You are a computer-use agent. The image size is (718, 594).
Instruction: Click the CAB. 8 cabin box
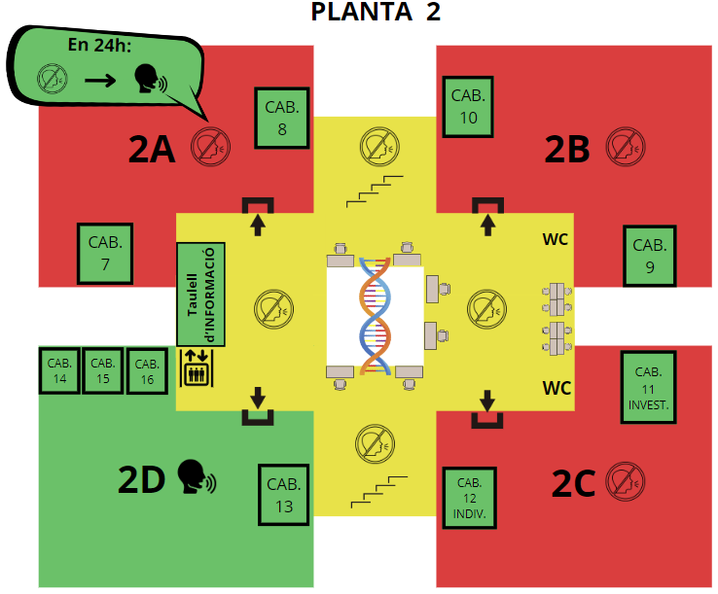[282, 118]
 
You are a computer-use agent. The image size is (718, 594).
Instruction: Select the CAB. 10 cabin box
[468, 107]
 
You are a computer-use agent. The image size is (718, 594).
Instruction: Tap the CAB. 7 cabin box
[105, 254]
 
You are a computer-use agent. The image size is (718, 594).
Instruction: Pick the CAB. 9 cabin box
[650, 256]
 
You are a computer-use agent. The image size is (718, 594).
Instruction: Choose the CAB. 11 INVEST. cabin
[648, 387]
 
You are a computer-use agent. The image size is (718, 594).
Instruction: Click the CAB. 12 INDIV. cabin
[469, 498]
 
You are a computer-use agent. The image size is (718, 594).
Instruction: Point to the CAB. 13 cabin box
[284, 495]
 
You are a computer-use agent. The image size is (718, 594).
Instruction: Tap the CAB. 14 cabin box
[59, 370]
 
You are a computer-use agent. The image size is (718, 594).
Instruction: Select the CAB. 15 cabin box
[103, 370]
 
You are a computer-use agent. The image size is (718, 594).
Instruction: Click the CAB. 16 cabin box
[147, 371]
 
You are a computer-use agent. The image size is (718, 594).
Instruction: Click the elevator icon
[197, 367]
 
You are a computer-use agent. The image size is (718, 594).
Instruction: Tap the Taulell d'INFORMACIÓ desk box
[201, 295]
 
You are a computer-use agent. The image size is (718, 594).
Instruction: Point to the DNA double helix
[375, 316]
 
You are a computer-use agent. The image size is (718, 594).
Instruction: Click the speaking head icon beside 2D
[197, 476]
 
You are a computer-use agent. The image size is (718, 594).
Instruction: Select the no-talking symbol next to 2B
[626, 147]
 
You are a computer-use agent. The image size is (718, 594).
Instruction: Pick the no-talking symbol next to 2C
[625, 481]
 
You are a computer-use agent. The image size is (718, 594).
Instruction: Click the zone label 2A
[152, 149]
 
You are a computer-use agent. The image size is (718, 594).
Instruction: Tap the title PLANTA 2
[376, 12]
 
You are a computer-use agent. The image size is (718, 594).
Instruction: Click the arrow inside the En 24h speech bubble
[100, 81]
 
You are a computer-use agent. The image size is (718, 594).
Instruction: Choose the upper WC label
[555, 239]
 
